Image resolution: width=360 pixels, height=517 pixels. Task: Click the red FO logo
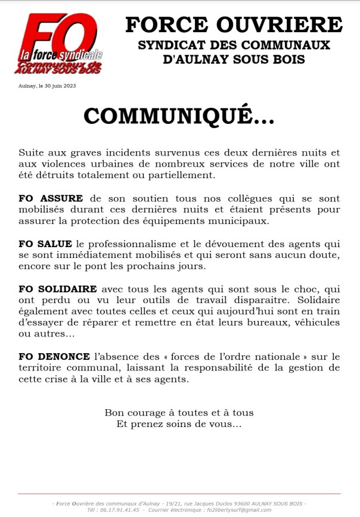[58, 43]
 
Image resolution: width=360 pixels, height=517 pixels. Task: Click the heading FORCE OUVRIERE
[234, 24]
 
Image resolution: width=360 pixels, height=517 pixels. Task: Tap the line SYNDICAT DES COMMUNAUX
[234, 45]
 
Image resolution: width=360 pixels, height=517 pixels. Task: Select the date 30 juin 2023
[59, 86]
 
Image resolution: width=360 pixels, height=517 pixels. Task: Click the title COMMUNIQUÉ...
[179, 116]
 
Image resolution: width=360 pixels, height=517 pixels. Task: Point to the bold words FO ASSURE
[51, 198]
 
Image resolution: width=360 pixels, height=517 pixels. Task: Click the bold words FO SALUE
[45, 244]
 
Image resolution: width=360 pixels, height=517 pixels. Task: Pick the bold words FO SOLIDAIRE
[57, 288]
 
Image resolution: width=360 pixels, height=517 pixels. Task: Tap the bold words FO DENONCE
[54, 356]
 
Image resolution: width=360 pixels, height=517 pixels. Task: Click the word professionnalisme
[137, 244]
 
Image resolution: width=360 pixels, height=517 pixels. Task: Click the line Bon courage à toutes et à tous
[179, 412]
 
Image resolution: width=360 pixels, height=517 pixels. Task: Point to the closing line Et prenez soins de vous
[179, 424]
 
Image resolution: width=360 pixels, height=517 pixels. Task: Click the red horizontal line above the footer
[179, 494]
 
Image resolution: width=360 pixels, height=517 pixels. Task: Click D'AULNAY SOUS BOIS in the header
[234, 60]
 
